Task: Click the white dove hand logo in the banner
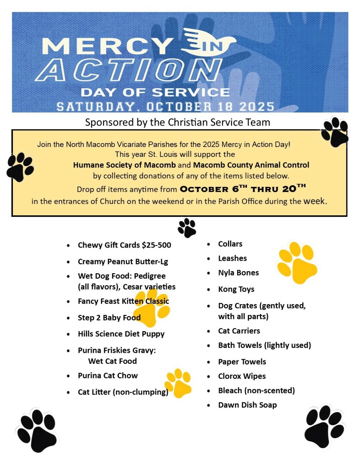tap(208, 42)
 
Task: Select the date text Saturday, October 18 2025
tap(165, 107)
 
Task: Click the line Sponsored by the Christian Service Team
tap(177, 122)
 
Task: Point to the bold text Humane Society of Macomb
tap(124, 165)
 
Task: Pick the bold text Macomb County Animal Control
tap(251, 165)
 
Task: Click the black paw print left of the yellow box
tap(20, 167)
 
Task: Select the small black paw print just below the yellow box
tap(187, 228)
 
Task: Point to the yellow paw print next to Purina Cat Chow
tap(178, 382)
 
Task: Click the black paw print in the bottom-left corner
tap(37, 430)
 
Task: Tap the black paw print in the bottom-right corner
tap(324, 427)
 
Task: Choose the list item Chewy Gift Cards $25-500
tap(124, 245)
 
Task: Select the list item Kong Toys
tap(236, 290)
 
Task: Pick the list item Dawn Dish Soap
tap(247, 405)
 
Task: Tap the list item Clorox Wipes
tap(242, 376)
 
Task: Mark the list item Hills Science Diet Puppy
tap(121, 334)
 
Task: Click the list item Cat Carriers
tap(239, 331)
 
